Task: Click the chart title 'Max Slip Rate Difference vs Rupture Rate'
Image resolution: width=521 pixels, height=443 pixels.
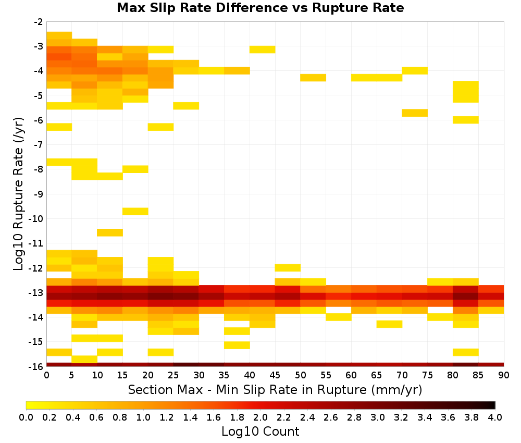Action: tap(260, 7)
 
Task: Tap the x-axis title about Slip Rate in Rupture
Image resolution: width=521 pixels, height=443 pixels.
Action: tap(275, 389)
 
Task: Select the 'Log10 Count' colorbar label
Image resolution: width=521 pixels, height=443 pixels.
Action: tap(260, 432)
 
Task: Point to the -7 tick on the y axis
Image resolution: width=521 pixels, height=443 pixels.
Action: tap(39, 145)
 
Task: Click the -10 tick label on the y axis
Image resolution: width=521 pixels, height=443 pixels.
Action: tap(36, 219)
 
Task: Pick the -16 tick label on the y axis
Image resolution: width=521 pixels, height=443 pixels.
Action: tap(36, 366)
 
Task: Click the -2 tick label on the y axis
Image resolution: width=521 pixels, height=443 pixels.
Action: tap(39, 22)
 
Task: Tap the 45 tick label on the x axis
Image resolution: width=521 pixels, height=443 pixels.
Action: tap(275, 375)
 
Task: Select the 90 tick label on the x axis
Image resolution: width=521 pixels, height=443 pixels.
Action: tap(504, 375)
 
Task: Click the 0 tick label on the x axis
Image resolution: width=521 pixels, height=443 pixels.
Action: tap(46, 375)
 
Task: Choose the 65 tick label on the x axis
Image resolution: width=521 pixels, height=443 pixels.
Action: tap(377, 375)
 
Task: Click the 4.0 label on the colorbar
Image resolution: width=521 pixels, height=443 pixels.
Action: tap(495, 417)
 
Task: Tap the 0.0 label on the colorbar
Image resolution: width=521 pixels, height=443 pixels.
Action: tap(26, 417)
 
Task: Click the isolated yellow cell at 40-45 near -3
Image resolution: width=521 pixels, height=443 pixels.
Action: tap(263, 50)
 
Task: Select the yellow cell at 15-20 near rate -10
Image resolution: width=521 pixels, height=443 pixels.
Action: tap(135, 212)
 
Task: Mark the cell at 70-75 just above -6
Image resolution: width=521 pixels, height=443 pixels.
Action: tap(415, 113)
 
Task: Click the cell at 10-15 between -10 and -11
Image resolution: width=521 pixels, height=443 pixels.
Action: tap(110, 232)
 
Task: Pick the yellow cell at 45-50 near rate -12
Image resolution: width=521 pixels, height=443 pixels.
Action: tap(288, 267)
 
